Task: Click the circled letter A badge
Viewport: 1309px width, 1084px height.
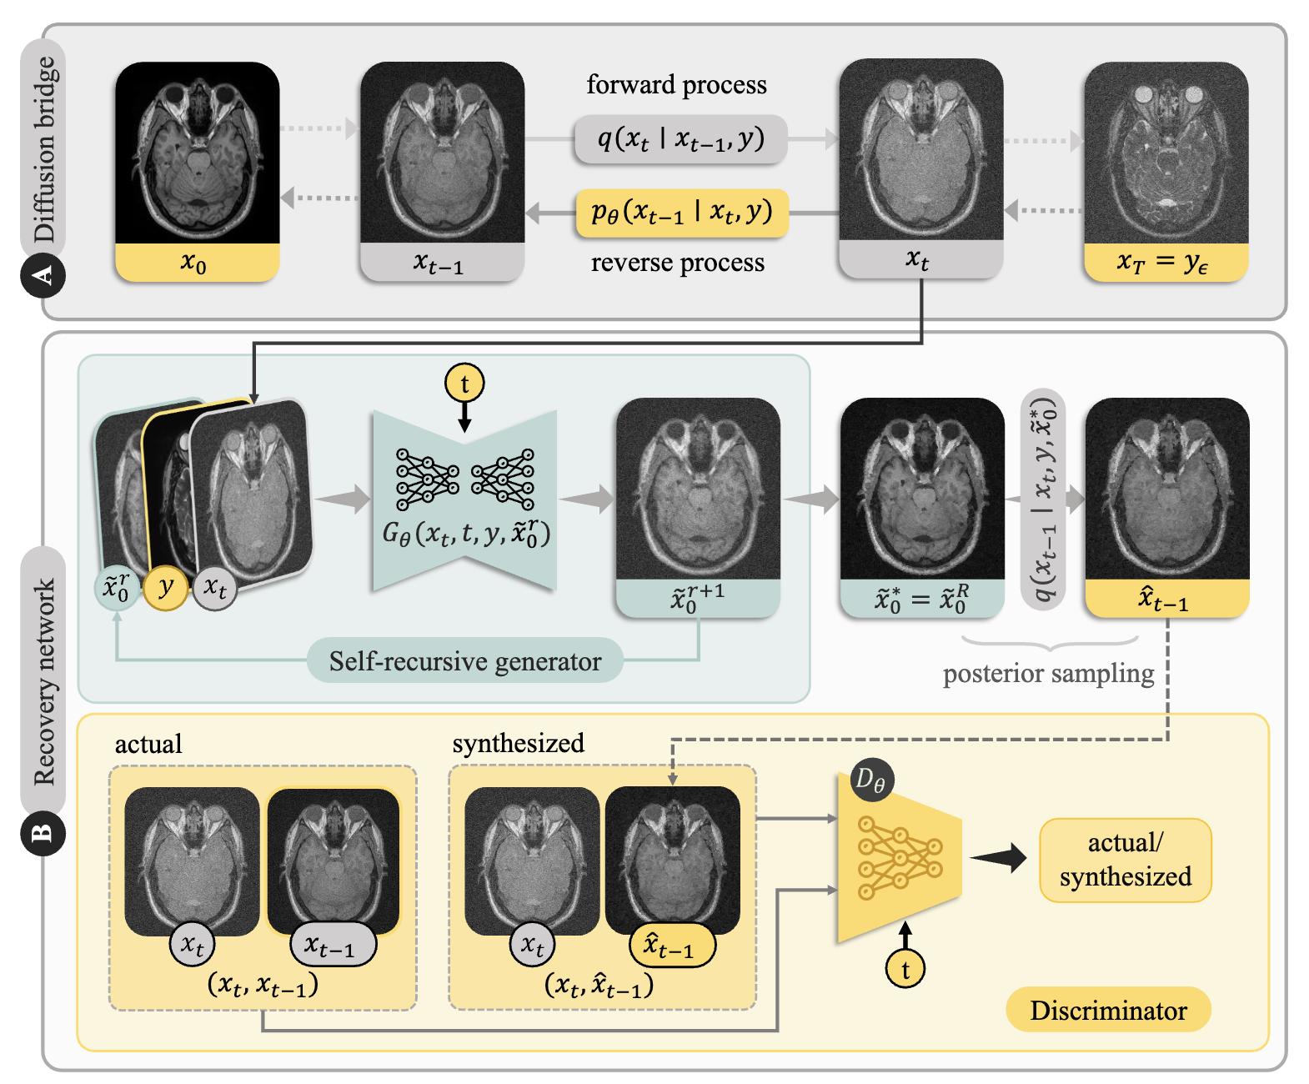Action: (43, 275)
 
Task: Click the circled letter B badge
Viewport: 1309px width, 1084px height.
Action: (43, 833)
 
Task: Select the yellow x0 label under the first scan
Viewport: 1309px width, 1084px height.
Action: (197, 262)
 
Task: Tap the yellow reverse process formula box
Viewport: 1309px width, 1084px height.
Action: (681, 213)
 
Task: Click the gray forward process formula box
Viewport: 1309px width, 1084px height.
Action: (681, 139)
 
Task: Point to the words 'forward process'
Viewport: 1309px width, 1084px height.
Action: (676, 85)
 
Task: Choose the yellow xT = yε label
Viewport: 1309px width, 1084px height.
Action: (1166, 262)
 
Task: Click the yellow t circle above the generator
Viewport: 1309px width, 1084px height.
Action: (464, 383)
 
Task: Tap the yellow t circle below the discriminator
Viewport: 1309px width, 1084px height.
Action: (905, 969)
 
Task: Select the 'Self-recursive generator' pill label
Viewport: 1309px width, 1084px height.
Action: (464, 660)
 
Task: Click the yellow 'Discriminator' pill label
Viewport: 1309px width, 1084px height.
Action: (1108, 1010)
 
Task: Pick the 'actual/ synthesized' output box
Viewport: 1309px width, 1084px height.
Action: (1126, 860)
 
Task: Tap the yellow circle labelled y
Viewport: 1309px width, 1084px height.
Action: (166, 588)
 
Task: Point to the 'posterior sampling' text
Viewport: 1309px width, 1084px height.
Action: (1048, 674)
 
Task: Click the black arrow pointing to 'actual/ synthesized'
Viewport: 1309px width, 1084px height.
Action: (998, 858)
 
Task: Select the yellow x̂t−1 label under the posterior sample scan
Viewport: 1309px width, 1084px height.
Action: (1167, 599)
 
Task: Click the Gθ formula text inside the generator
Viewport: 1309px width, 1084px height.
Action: (466, 534)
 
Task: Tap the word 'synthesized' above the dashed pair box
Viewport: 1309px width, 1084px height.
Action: (518, 743)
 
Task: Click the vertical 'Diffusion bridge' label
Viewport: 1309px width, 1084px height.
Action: (44, 149)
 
